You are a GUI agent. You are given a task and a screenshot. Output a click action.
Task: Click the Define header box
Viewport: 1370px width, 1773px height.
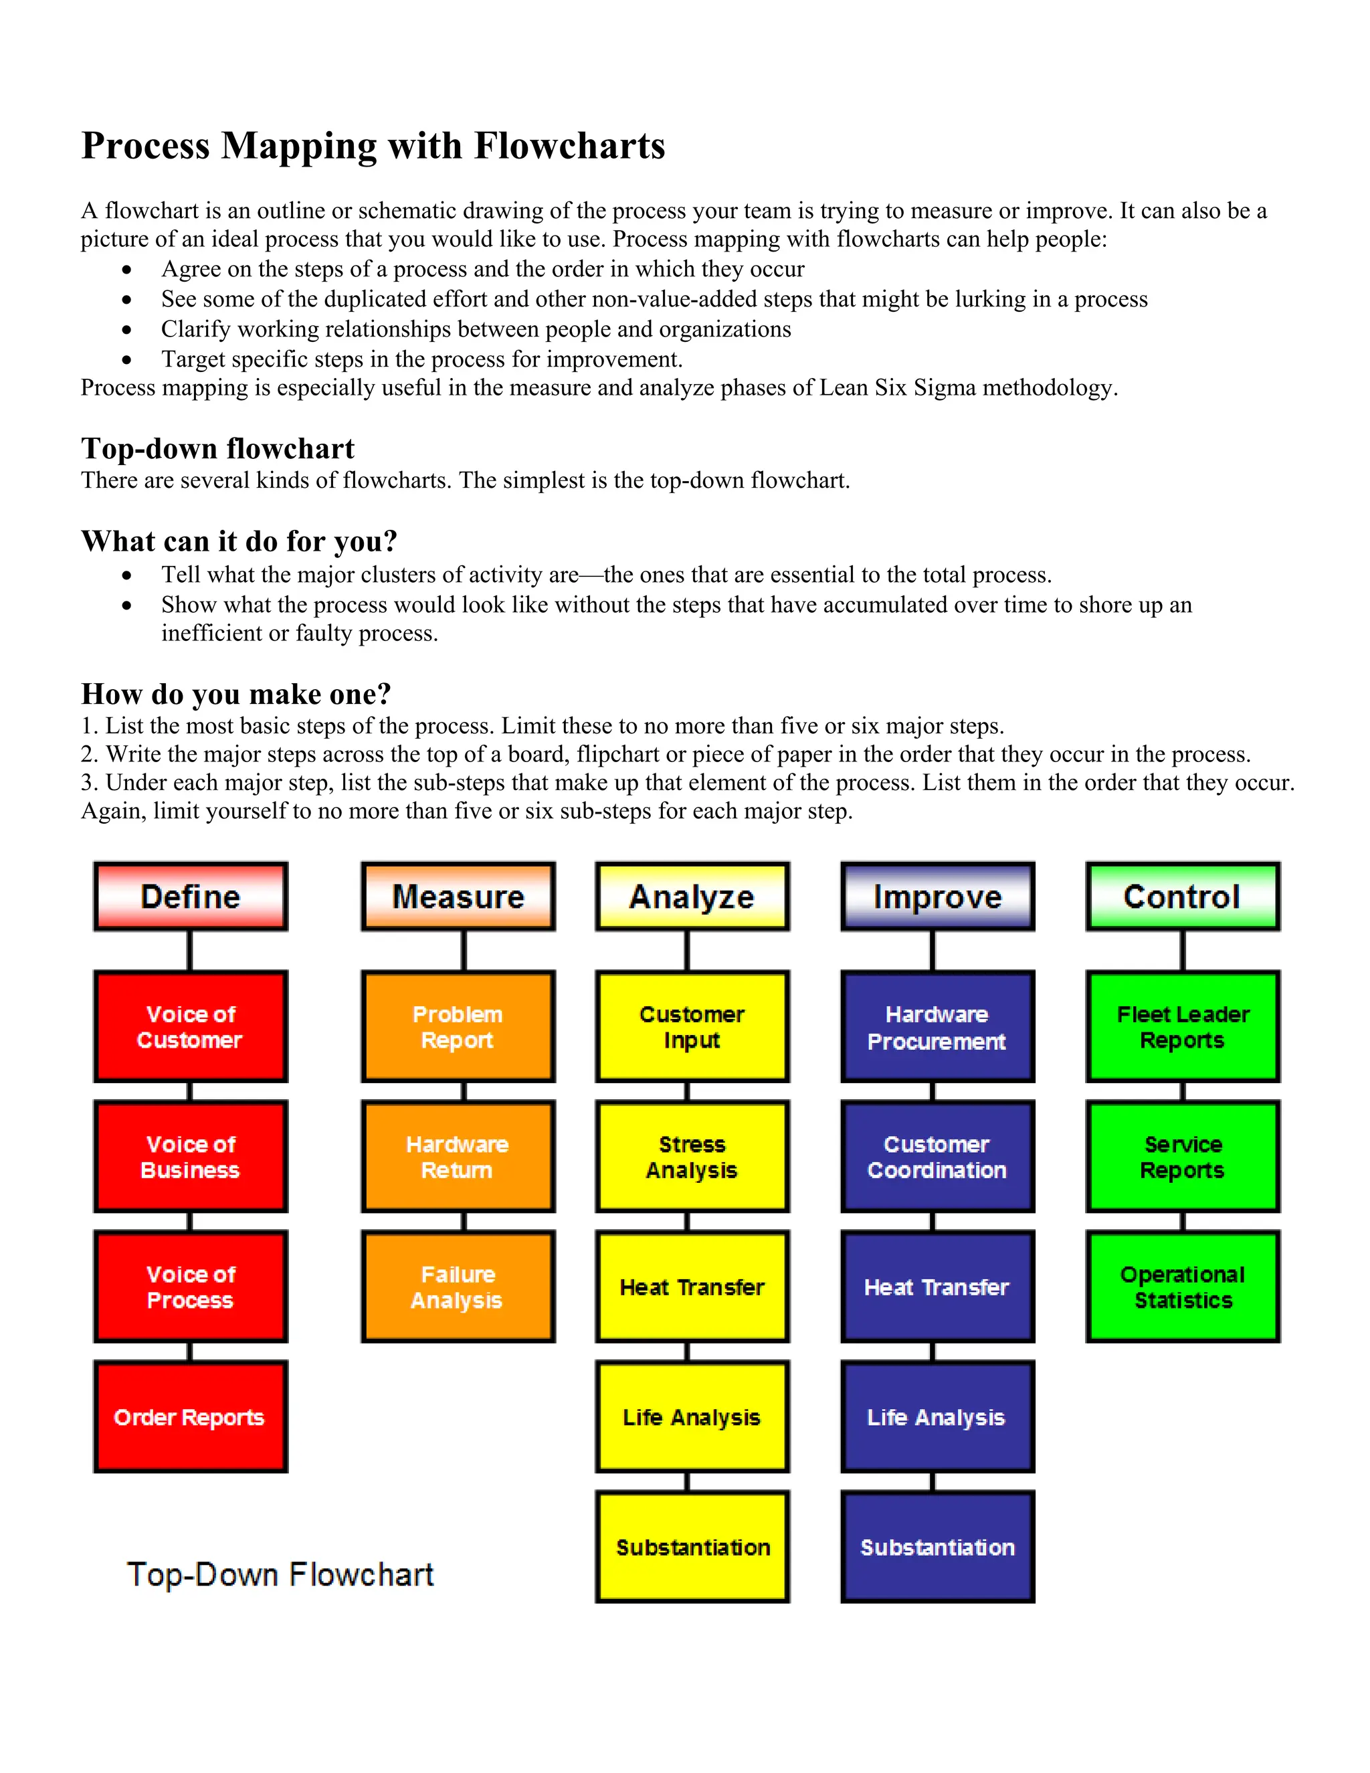point(191,897)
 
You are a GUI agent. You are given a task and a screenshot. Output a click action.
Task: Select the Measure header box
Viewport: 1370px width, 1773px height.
point(458,897)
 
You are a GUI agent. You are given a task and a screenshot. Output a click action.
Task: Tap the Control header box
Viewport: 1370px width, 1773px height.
point(1183,897)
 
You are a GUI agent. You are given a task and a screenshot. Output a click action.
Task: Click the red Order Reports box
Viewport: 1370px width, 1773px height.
point(191,1416)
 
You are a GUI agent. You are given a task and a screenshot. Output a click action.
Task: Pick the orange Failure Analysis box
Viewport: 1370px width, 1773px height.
point(458,1287)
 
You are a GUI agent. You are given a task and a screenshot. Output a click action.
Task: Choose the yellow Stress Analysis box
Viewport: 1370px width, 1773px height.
point(692,1157)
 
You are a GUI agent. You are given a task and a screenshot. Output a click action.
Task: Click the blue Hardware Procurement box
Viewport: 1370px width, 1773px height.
point(937,1027)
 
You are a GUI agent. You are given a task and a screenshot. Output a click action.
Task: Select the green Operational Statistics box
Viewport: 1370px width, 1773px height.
point(1183,1287)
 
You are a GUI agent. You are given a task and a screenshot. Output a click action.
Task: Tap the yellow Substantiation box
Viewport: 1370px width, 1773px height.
point(692,1546)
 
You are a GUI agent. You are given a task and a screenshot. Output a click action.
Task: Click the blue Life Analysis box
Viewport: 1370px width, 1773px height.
point(937,1416)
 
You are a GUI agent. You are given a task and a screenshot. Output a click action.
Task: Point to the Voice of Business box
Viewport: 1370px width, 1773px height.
point(191,1157)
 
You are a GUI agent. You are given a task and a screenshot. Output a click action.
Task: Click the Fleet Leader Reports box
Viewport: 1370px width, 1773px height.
point(1183,1027)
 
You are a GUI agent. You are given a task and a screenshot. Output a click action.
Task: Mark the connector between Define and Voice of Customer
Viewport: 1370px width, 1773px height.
point(190,951)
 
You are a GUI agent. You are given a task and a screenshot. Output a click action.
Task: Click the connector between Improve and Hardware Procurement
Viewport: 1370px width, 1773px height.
point(933,951)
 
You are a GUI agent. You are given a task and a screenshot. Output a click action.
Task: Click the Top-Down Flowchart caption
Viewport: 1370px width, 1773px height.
point(280,1574)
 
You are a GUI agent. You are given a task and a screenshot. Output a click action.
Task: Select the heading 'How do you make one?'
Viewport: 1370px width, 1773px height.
point(236,694)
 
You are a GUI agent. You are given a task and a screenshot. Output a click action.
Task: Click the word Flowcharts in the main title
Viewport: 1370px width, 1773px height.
point(569,146)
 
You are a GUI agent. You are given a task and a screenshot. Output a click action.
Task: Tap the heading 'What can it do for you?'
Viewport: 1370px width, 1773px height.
point(239,541)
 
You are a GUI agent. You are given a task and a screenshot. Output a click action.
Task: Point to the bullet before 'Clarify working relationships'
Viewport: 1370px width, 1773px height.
point(126,330)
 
